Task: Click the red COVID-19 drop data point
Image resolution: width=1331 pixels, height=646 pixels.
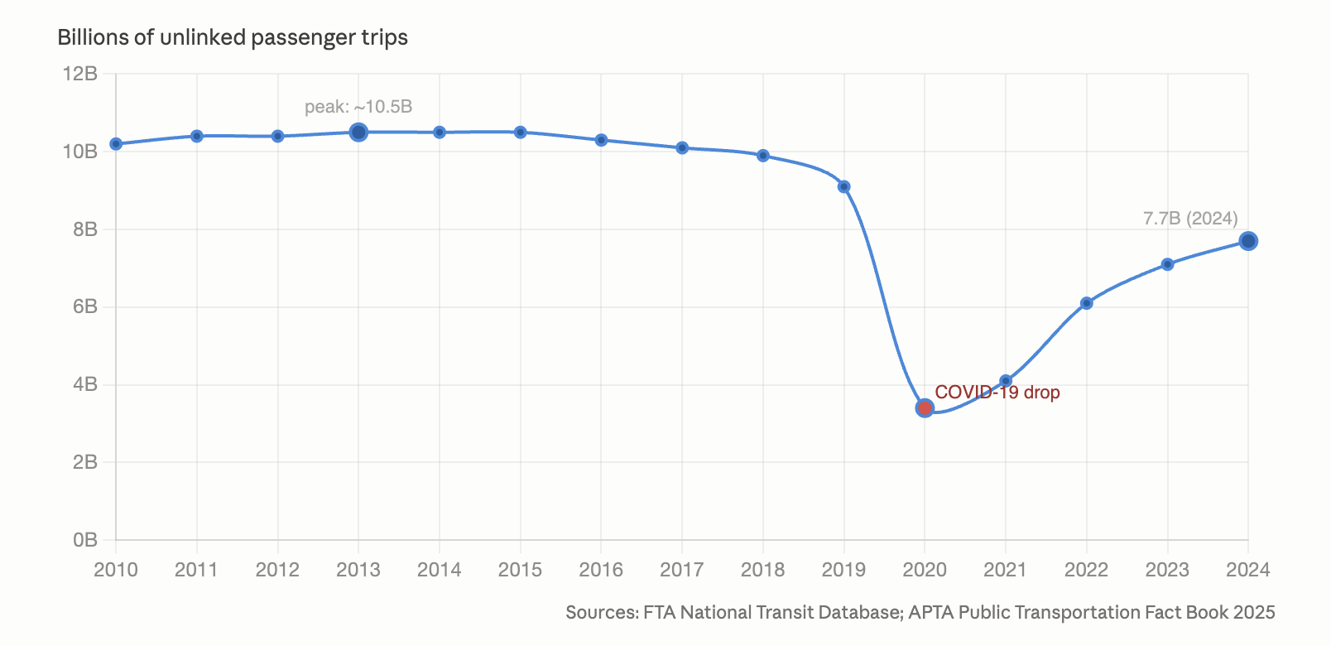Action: [x=925, y=407]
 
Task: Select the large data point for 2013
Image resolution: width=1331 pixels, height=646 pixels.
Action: [x=358, y=132]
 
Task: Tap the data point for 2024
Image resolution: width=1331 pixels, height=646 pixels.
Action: [x=1248, y=241]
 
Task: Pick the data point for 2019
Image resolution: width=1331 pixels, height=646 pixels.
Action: [x=843, y=186]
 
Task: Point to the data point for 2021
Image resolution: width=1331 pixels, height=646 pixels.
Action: [x=1006, y=381]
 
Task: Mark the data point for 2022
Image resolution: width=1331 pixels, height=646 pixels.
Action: [x=1086, y=303]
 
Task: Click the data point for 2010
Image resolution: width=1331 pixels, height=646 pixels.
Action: [x=116, y=144]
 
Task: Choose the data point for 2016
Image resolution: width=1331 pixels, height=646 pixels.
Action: [x=601, y=140]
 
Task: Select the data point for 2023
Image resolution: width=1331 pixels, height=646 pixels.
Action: [x=1167, y=264]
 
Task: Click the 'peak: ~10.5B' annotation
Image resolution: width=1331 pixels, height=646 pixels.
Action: [x=358, y=107]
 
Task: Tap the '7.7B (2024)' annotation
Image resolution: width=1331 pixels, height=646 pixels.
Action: [x=1190, y=219]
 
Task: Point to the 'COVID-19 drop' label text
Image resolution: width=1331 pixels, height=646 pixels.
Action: [x=997, y=393]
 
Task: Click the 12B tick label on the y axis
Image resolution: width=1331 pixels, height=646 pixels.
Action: [x=80, y=74]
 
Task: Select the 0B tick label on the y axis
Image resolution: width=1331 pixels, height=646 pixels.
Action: [x=85, y=540]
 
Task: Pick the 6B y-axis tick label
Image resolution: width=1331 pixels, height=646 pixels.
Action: [x=85, y=306]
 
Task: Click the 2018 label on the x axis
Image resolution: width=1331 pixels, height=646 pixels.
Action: [x=763, y=570]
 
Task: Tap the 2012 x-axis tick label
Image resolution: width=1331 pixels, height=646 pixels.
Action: [x=277, y=570]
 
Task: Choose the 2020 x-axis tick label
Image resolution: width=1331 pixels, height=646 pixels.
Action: [x=925, y=570]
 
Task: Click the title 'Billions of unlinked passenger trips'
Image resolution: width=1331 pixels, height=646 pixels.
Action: [x=233, y=37]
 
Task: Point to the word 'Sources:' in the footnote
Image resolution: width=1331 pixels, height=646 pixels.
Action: [x=602, y=612]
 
